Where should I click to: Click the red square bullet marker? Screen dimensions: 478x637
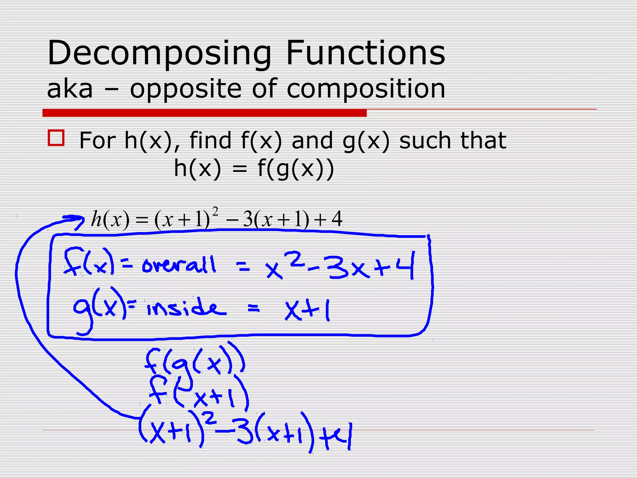click(56, 138)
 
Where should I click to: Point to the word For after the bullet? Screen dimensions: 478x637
click(98, 141)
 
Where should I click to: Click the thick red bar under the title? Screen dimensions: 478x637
click(204, 113)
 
